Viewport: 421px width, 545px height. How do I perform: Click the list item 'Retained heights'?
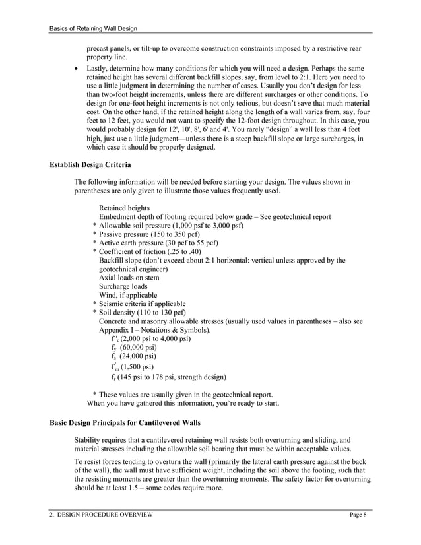124,208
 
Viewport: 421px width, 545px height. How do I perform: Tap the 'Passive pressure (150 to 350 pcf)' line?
149,234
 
